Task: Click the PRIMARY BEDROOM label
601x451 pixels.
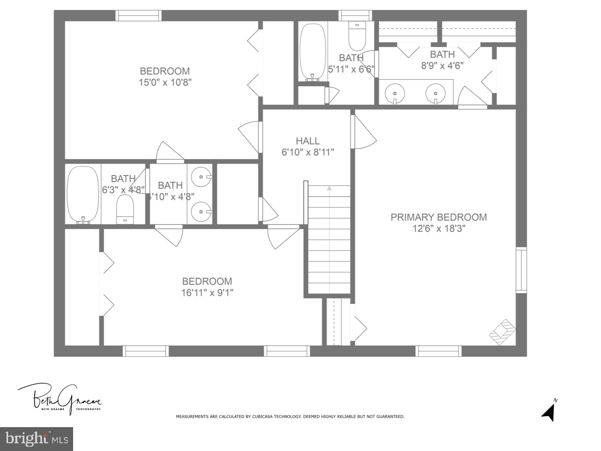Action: click(x=439, y=217)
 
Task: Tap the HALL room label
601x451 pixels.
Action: click(x=307, y=141)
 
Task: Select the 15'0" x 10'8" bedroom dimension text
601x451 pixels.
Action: click(x=165, y=82)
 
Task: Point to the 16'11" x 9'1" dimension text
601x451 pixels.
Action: click(x=207, y=293)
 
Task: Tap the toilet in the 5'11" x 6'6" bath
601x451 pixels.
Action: click(x=357, y=35)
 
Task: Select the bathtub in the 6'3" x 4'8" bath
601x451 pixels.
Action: click(x=83, y=194)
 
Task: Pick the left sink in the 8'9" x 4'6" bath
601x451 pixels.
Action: click(x=395, y=93)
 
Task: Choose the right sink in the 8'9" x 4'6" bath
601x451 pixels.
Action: click(x=436, y=93)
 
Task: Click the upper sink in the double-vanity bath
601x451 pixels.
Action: click(x=202, y=177)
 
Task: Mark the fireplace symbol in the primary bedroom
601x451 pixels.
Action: click(x=503, y=332)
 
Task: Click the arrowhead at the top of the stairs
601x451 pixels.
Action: click(x=329, y=188)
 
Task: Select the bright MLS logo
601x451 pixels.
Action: click(x=37, y=439)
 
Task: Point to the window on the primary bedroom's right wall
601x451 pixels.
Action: click(x=521, y=270)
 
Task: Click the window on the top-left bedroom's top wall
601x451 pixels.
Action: click(x=139, y=15)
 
